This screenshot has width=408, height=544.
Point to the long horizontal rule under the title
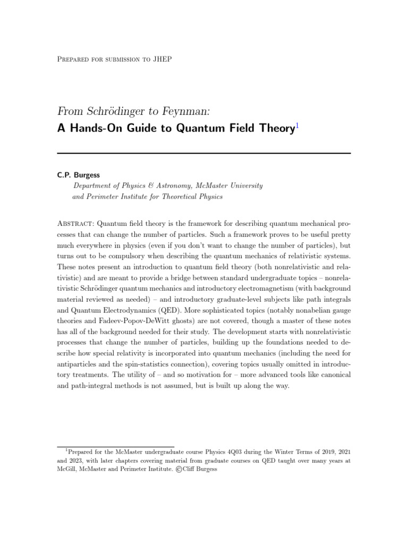pyautogui.click(x=204, y=154)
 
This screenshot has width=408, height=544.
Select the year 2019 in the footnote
pyautogui.click(x=318, y=451)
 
